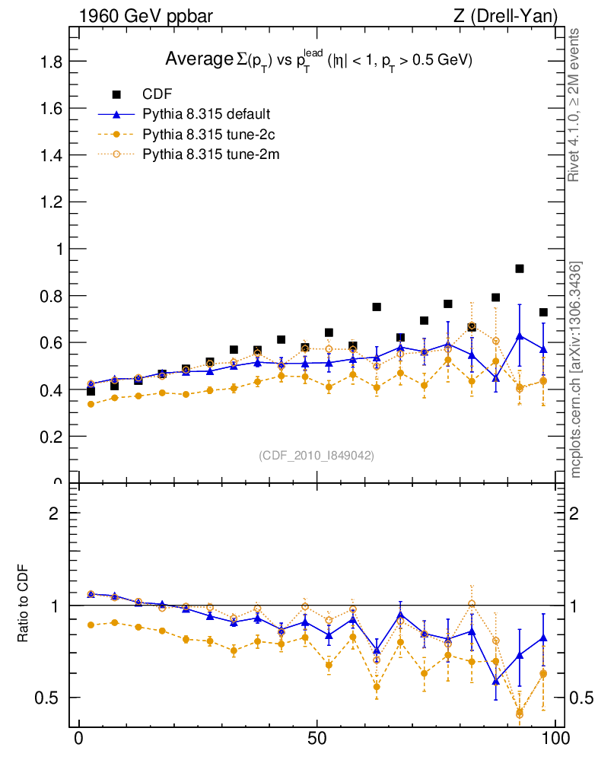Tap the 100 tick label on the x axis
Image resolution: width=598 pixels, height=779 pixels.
coord(555,739)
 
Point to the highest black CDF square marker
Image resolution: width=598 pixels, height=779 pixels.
coord(520,269)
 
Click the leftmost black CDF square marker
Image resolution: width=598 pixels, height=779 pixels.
coord(91,391)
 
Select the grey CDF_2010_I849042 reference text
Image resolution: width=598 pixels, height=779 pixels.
coord(316,455)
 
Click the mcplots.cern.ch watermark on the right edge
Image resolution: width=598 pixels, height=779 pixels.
coord(576,370)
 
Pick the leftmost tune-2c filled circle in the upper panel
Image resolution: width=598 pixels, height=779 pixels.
coord(91,404)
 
